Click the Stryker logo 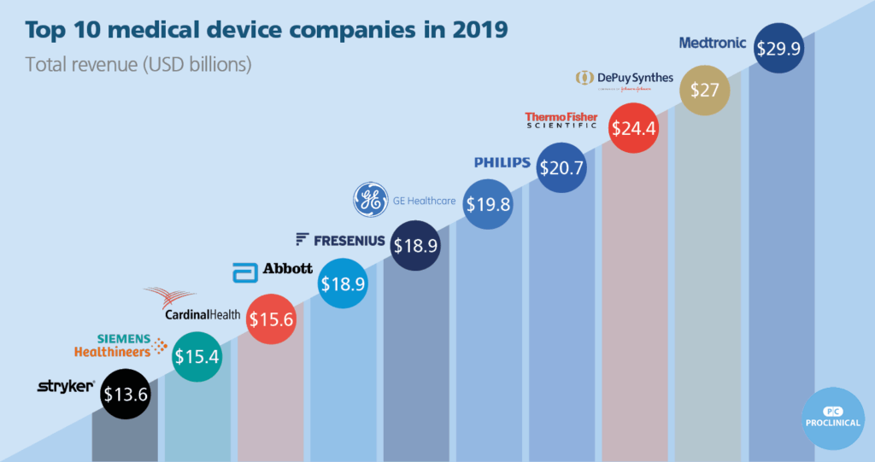pos(66,387)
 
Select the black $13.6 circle pos(126,394)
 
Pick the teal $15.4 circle pos(197,356)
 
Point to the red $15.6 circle pos(271,319)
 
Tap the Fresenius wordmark pos(339,240)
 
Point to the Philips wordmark pos(502,162)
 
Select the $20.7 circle pos(561,168)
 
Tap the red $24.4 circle pos(632,128)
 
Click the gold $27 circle pos(704,90)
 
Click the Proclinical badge pos(833,418)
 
